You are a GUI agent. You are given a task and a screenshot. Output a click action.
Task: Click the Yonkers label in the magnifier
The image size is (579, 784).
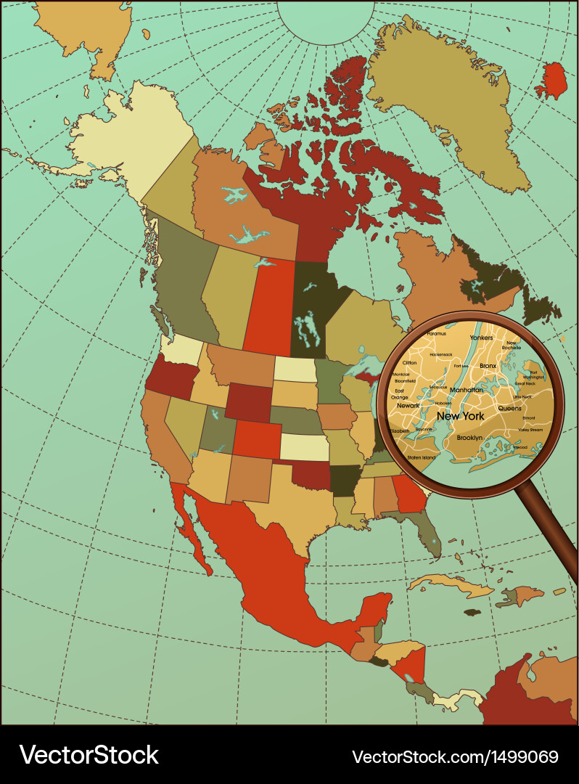[x=482, y=338]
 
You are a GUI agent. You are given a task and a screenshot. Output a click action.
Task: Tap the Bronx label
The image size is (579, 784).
[x=488, y=366]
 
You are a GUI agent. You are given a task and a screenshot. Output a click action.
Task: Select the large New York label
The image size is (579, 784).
[x=460, y=416]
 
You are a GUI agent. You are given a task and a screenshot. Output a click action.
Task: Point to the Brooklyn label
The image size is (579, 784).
[x=470, y=438]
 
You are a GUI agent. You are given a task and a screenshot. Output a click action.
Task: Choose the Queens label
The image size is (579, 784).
[x=510, y=408]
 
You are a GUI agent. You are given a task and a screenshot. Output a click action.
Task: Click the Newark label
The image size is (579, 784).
[x=408, y=405]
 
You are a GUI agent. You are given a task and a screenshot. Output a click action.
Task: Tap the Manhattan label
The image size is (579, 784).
[x=467, y=390]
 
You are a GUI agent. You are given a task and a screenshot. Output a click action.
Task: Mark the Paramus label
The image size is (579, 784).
[x=437, y=333]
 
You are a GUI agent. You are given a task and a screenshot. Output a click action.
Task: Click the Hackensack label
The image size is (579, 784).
[x=440, y=354]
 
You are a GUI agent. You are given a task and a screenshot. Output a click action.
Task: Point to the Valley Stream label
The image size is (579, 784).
[x=530, y=430]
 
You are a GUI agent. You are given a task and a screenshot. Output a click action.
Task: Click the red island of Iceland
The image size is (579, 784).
[x=553, y=81]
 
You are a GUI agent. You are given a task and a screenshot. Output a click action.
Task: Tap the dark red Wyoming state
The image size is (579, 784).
[x=250, y=401]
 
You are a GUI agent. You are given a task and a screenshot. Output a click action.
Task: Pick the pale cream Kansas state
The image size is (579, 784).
[x=303, y=446]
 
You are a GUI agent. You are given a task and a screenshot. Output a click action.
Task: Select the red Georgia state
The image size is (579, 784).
[x=409, y=494]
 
